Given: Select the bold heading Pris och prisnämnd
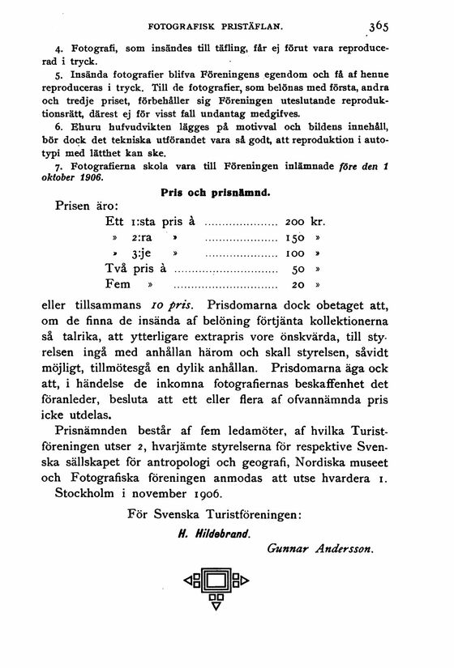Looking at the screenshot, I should (215, 194).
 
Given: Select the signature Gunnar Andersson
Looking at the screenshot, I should (320, 550).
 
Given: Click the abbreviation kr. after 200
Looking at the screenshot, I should (319, 222).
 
